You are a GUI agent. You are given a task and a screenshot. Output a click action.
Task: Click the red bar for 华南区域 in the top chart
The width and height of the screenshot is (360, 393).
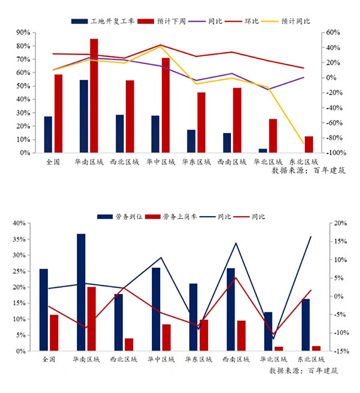[x=94, y=96]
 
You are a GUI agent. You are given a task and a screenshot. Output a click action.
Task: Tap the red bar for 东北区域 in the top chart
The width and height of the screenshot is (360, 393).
[x=309, y=145]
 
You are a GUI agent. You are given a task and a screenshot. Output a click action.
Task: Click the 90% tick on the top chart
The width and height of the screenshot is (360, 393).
[x=23, y=32]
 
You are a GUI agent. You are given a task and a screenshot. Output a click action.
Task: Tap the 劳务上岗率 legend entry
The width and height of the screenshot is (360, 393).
[x=178, y=216]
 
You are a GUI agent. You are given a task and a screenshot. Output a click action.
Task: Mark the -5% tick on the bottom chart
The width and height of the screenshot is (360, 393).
[x=337, y=314]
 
